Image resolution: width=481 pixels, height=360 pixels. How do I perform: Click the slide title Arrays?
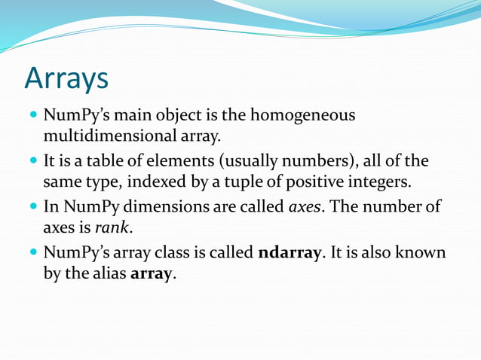click(66, 78)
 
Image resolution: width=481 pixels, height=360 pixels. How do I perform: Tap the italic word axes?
click(305, 206)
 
